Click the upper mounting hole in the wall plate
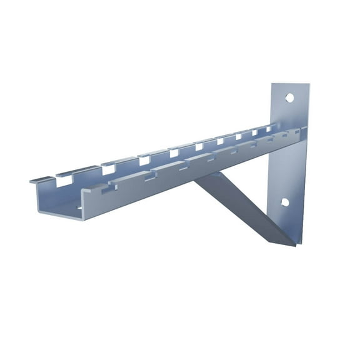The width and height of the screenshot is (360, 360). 289,98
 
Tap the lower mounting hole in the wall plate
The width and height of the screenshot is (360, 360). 284,202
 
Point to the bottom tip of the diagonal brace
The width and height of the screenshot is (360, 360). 294,244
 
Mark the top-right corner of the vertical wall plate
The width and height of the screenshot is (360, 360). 309,84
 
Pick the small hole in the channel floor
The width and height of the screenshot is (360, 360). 79,207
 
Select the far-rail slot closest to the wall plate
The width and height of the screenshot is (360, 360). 272,129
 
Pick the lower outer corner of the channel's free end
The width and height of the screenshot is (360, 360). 80,219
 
